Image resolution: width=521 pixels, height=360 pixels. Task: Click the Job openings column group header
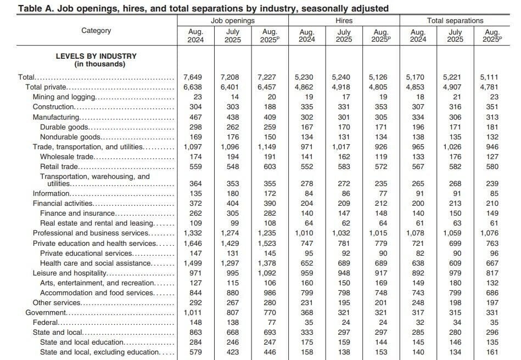[x=232, y=20]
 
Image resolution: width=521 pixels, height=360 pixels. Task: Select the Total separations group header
[x=455, y=20]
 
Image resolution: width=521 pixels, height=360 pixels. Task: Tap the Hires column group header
[x=344, y=20]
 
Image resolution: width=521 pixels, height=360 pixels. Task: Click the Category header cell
[x=96, y=31]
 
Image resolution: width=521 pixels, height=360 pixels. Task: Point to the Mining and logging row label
[x=64, y=97]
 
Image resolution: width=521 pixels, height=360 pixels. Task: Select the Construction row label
[x=53, y=106]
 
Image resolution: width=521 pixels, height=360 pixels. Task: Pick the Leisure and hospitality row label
[x=69, y=273]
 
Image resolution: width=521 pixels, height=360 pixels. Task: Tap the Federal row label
[x=46, y=323]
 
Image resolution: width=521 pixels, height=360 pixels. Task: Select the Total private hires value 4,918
[x=344, y=87]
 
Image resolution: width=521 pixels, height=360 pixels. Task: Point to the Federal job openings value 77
[x=272, y=323]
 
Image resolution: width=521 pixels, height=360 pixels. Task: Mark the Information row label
[x=51, y=193]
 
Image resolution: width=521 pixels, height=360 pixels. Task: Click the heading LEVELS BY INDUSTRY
[x=96, y=56]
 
